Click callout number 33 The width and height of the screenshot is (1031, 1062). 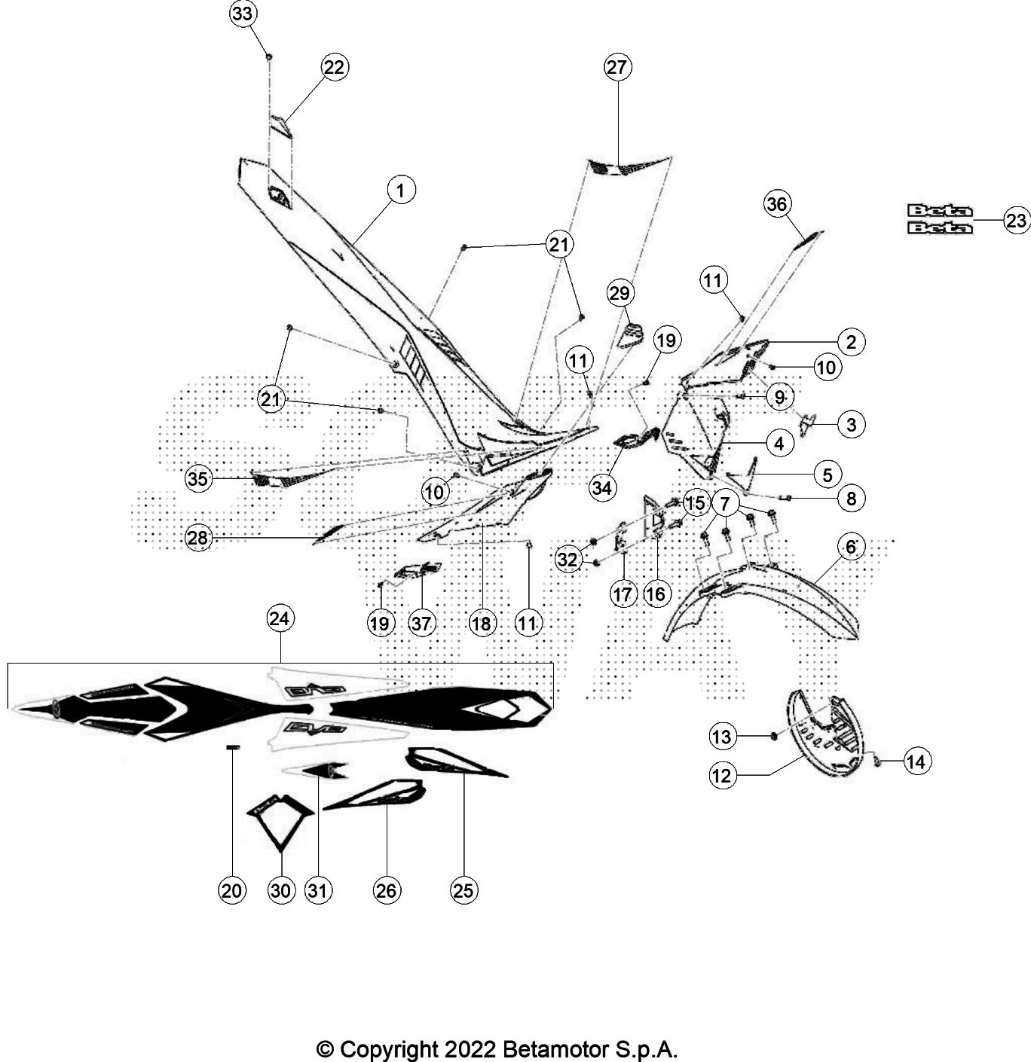[x=243, y=14]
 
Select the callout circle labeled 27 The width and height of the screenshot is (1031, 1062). [x=617, y=67]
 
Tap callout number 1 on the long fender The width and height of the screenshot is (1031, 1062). [x=401, y=190]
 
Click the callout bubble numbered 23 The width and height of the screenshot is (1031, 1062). [x=1016, y=221]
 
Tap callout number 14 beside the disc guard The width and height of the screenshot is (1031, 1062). [x=915, y=761]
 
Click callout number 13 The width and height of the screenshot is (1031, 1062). [x=722, y=736]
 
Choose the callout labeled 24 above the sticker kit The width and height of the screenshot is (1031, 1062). [x=280, y=618]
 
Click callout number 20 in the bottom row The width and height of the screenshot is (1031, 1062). [x=232, y=890]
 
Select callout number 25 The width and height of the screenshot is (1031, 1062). [x=463, y=890]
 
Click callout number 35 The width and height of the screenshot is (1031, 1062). [x=198, y=478]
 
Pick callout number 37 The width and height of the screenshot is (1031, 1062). [x=423, y=622]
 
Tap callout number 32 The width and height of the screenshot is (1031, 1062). [x=568, y=559]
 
